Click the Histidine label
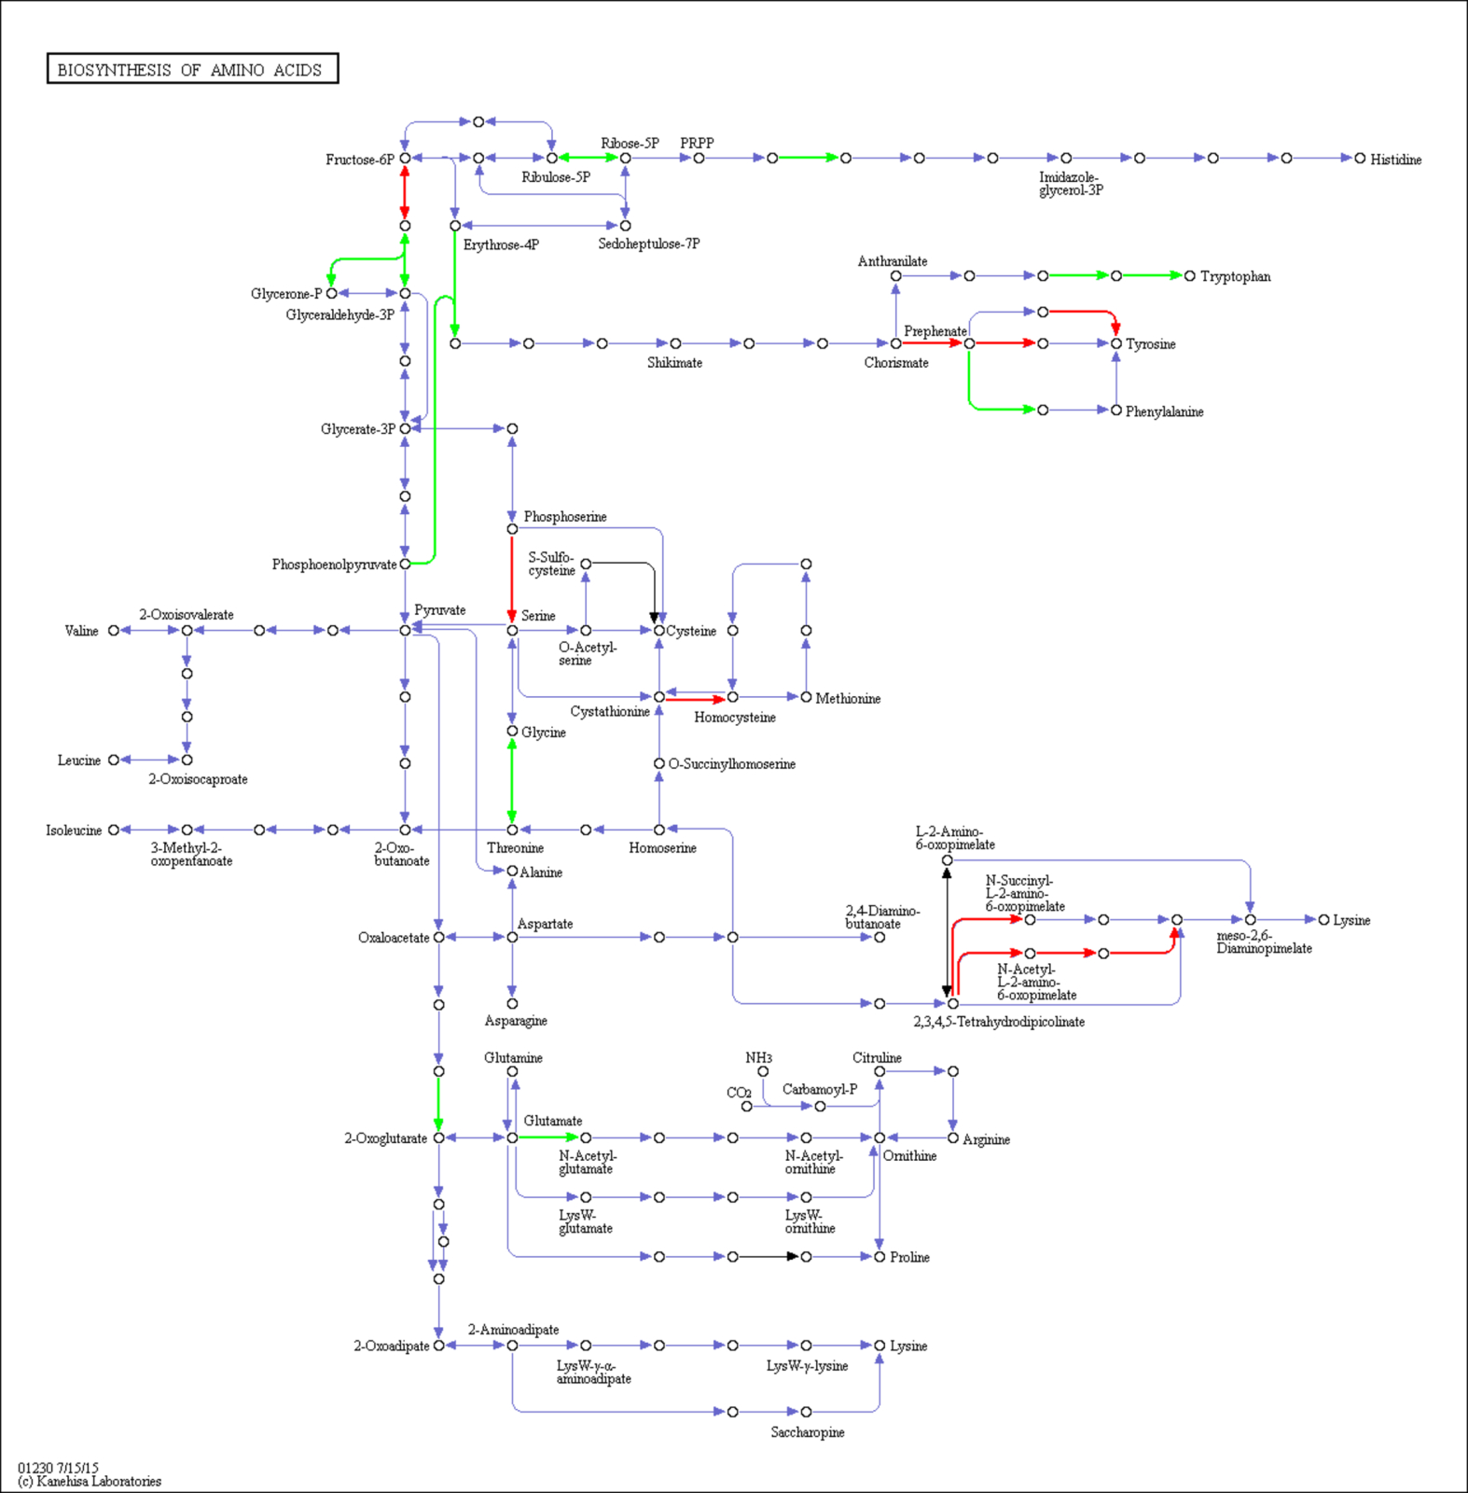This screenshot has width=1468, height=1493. (x=1395, y=160)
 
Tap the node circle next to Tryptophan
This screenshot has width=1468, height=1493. (x=1189, y=276)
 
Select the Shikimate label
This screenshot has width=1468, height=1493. (x=674, y=363)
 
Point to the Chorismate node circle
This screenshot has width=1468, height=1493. (x=895, y=343)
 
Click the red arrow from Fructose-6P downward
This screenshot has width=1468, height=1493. (x=405, y=192)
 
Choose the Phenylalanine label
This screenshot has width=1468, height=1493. (x=1164, y=412)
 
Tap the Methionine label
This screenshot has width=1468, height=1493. (x=848, y=698)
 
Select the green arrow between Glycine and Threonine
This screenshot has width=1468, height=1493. (x=512, y=780)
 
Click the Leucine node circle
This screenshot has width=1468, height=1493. (x=114, y=760)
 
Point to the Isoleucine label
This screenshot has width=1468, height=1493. (x=74, y=830)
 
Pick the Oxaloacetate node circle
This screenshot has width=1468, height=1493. (x=438, y=937)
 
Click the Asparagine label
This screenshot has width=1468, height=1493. (x=516, y=1021)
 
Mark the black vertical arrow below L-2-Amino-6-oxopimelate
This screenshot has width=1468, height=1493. (x=947, y=931)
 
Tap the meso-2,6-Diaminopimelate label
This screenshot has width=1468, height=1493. (x=1264, y=942)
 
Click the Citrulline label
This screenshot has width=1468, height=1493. (x=877, y=1057)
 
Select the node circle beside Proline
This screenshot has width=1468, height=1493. (x=879, y=1257)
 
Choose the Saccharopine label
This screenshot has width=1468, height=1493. (x=808, y=1432)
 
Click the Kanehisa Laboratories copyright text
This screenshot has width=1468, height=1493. (x=90, y=1481)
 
